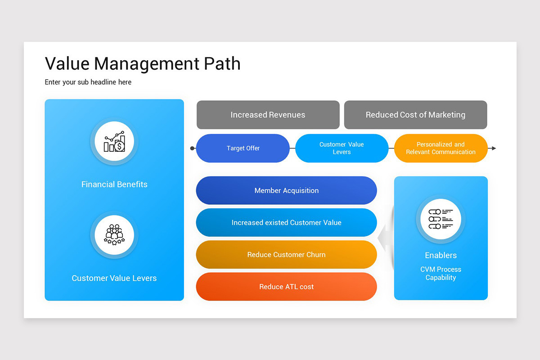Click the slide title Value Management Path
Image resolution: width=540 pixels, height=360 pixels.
point(143,64)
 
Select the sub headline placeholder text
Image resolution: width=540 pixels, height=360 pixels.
point(88,82)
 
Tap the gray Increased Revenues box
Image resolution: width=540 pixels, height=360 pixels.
point(268,115)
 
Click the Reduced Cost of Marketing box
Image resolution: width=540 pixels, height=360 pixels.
point(415,115)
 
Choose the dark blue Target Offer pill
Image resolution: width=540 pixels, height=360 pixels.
point(243,148)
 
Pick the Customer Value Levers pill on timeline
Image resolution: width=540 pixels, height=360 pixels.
point(342,148)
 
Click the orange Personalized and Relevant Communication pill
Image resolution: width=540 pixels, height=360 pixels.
point(441,148)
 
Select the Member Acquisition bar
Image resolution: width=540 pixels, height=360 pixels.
point(286,190)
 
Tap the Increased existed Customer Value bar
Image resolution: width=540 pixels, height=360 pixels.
point(286,222)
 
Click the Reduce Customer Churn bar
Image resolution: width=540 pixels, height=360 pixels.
point(286,255)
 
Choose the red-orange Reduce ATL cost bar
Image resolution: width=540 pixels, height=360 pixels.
point(286,287)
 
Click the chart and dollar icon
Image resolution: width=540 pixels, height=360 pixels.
point(114,142)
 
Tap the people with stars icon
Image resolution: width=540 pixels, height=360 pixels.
point(114,234)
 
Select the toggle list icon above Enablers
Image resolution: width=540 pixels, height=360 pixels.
point(441,219)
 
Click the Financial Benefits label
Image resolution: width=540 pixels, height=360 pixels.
point(114,184)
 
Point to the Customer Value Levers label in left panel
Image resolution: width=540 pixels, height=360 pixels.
point(114,279)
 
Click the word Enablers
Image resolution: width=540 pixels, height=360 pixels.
point(441,255)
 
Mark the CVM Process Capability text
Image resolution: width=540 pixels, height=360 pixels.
point(441,274)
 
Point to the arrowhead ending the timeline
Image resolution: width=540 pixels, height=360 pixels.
point(494,148)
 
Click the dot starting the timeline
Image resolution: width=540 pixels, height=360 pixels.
point(193,148)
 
